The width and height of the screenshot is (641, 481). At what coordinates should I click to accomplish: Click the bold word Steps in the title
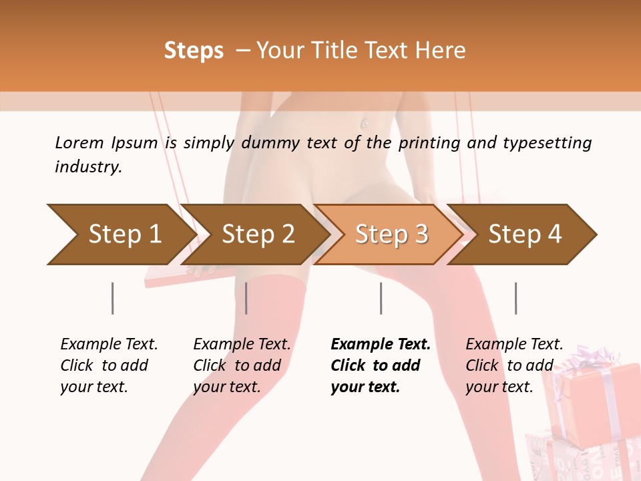click(x=194, y=51)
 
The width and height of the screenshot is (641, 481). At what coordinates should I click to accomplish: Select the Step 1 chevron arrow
click(x=122, y=234)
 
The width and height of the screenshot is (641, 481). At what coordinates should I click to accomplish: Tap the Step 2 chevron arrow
click(x=255, y=234)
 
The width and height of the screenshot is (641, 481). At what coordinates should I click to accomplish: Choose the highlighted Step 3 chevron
click(x=389, y=234)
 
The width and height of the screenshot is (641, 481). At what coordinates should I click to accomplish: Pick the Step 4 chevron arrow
click(x=521, y=234)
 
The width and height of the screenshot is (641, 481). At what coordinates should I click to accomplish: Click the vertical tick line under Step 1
click(x=112, y=298)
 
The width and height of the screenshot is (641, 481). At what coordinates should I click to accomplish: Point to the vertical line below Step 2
click(x=246, y=298)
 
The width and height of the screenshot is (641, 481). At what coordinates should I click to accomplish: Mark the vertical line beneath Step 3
click(x=381, y=298)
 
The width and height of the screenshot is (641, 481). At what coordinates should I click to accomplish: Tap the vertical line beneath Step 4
click(x=516, y=298)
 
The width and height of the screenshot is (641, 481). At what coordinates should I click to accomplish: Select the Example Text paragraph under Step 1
click(x=109, y=365)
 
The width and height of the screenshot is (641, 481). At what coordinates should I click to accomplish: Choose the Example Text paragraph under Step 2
click(x=242, y=365)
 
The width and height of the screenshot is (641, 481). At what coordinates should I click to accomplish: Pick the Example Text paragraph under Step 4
click(x=514, y=365)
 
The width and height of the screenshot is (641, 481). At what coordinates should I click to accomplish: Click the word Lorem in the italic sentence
click(x=79, y=143)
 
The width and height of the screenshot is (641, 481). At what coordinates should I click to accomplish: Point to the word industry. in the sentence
click(x=89, y=167)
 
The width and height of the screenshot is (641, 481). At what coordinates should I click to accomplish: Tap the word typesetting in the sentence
click(x=548, y=144)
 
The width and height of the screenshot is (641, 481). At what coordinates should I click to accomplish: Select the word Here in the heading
click(x=440, y=50)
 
